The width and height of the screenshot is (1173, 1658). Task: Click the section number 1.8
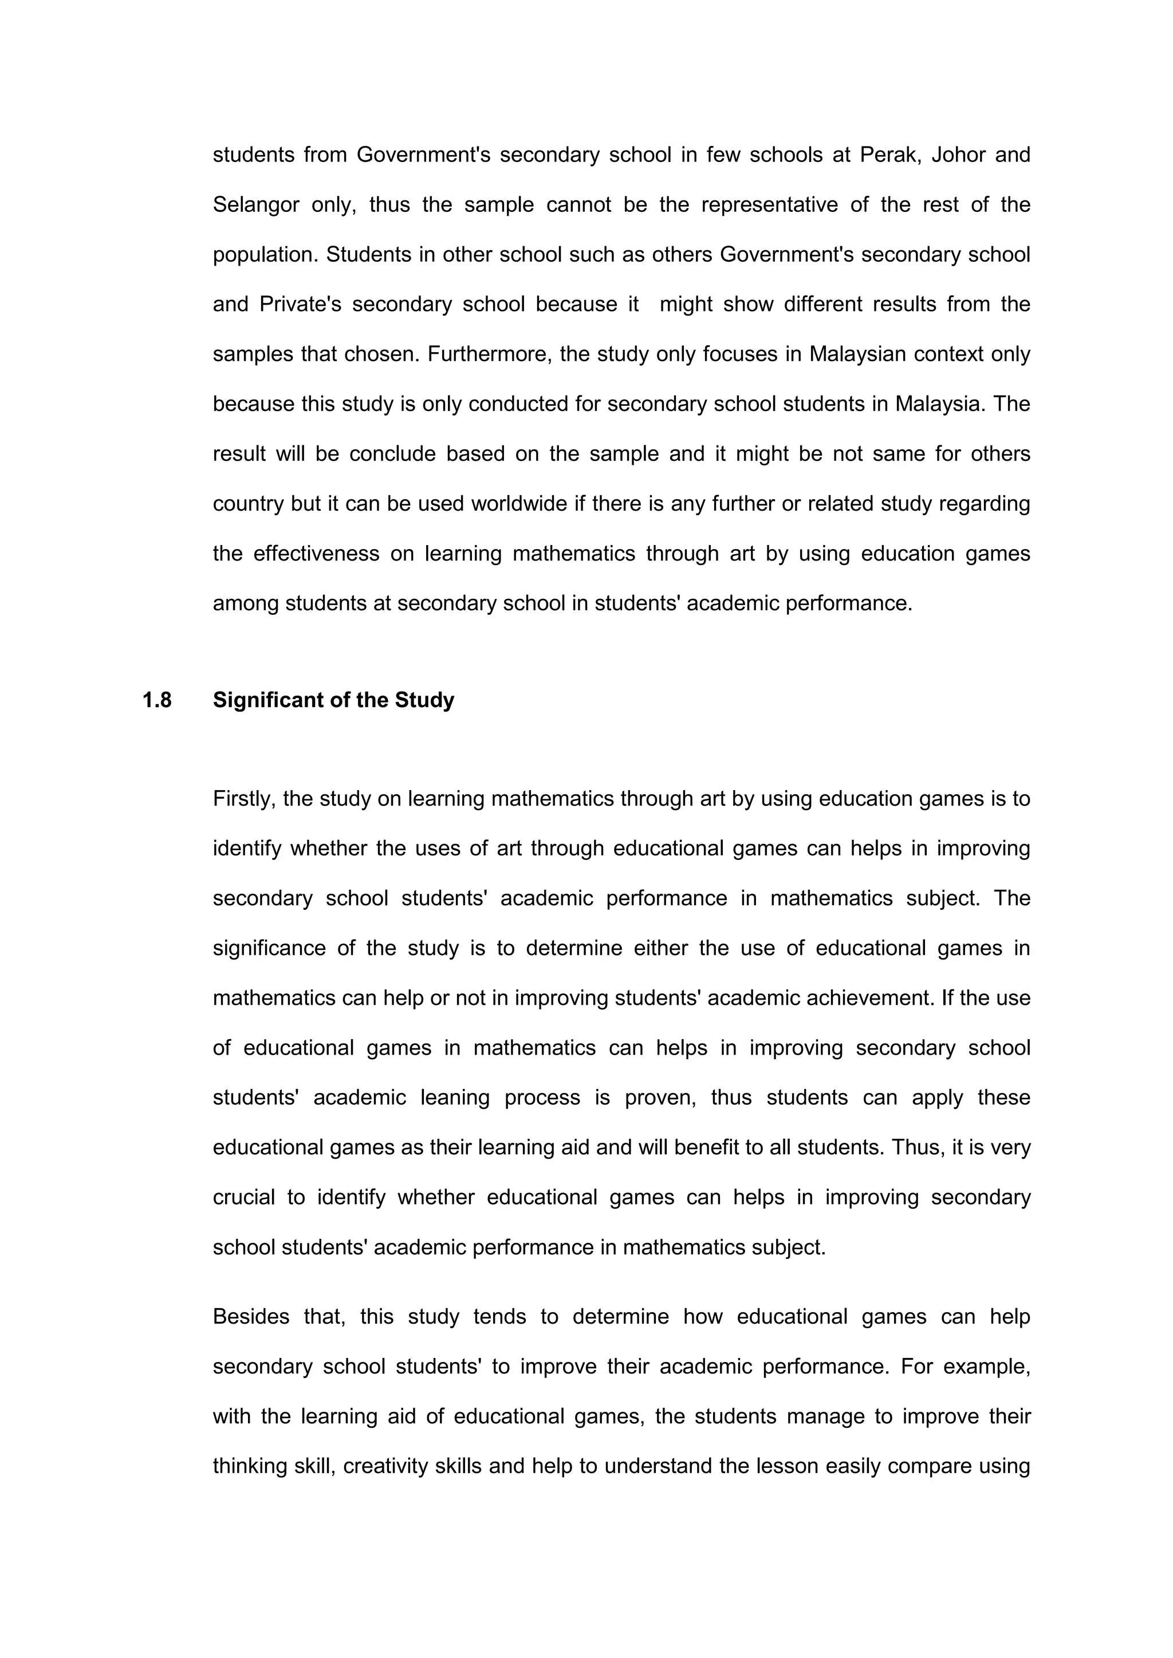tap(157, 700)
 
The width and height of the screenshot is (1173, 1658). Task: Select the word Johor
tap(957, 155)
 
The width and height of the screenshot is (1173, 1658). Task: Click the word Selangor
tap(255, 204)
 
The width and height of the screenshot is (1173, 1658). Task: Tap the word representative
tap(769, 204)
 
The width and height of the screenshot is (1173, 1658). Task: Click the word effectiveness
tap(316, 553)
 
